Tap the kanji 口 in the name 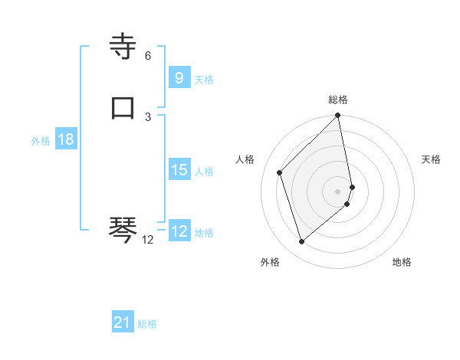(123, 109)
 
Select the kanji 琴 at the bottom (123, 228)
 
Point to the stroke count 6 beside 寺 (147, 56)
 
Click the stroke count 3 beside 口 (147, 116)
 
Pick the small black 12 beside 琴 (147, 240)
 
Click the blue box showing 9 (179, 77)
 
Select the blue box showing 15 (179, 170)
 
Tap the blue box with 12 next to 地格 (179, 231)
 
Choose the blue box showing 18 (65, 139)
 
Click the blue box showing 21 (122, 322)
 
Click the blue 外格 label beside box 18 (41, 141)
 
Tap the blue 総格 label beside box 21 (147, 324)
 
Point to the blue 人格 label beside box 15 (205, 172)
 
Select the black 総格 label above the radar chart (338, 100)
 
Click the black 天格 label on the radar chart (431, 159)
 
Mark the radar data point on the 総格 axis (338, 116)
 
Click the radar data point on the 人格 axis (280, 172)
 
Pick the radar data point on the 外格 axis (301, 242)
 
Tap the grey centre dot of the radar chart (338, 191)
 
